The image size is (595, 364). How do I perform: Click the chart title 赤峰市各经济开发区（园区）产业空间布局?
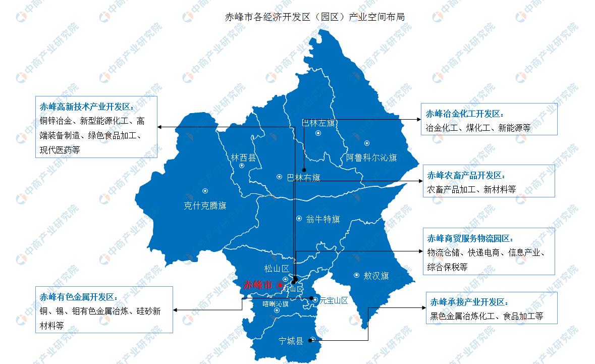[314, 17]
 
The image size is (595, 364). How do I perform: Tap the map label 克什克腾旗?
[205, 205]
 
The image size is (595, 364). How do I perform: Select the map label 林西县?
[244, 158]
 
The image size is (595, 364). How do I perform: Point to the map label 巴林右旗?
[303, 178]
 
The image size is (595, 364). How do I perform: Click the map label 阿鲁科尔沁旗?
[371, 158]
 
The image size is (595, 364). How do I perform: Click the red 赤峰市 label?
[257, 285]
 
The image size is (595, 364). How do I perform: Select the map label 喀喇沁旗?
[276, 303]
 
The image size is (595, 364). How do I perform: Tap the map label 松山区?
[276, 269]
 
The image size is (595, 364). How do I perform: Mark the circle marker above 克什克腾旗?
[205, 191]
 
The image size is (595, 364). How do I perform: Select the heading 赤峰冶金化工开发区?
[465, 113]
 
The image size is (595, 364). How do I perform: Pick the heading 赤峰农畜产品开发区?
[466, 175]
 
